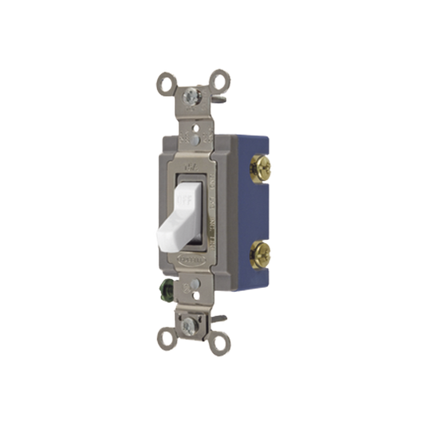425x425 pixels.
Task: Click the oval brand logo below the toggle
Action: pyautogui.click(x=191, y=256)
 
